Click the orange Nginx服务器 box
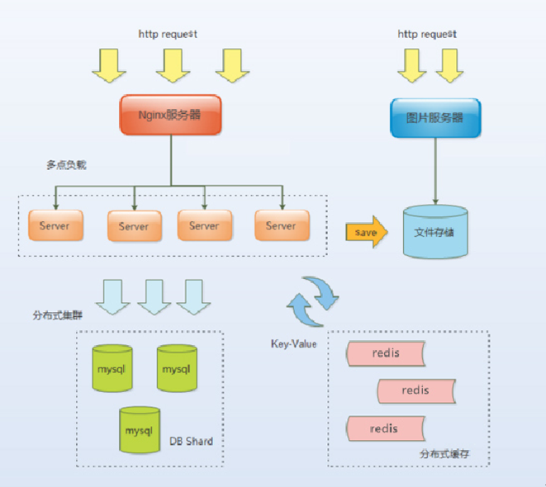point(171,116)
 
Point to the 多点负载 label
point(66,165)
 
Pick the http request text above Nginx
point(168,34)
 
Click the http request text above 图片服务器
point(427,34)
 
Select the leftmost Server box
point(55,225)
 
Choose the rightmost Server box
point(281,225)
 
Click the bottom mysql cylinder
point(139,430)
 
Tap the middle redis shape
point(415,390)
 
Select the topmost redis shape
point(386,352)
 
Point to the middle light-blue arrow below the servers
point(154,296)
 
